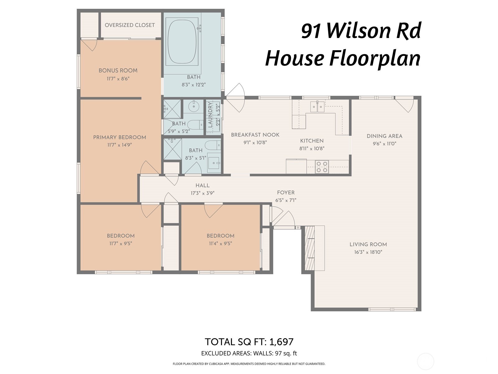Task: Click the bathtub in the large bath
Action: click(x=182, y=41)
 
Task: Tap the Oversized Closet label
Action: click(x=130, y=25)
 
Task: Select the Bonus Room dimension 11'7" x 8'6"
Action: click(x=118, y=79)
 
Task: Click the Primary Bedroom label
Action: click(x=120, y=137)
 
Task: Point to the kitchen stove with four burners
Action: click(x=322, y=166)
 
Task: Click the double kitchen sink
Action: click(x=317, y=107)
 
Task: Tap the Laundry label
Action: click(x=210, y=115)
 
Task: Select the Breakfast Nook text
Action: click(x=255, y=135)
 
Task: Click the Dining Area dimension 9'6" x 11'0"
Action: click(x=384, y=144)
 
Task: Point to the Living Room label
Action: click(x=368, y=245)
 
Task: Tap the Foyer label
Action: click(x=286, y=193)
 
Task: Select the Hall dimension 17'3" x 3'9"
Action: click(x=203, y=193)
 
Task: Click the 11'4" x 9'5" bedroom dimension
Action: click(x=220, y=243)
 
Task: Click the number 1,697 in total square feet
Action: click(x=281, y=342)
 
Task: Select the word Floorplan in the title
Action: click(x=375, y=58)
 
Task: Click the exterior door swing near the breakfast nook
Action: click(x=237, y=97)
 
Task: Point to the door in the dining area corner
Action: click(x=405, y=105)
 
